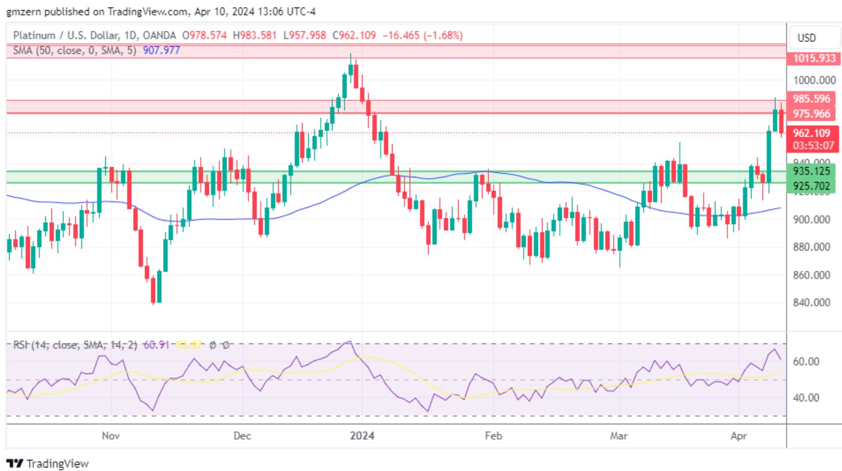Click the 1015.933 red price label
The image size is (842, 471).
[814, 58]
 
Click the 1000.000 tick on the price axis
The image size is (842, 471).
[814, 80]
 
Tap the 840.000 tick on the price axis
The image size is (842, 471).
[811, 302]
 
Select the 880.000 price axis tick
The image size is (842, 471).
[811, 247]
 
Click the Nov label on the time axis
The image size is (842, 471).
[110, 436]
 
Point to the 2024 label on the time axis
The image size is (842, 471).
[362, 436]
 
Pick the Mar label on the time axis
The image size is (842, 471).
[619, 436]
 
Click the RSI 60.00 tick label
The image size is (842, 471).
[806, 362]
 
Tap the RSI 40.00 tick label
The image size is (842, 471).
[806, 398]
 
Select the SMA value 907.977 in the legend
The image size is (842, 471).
[161, 50]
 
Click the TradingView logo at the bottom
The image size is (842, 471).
[48, 463]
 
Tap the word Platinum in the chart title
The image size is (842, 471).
[34, 36]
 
